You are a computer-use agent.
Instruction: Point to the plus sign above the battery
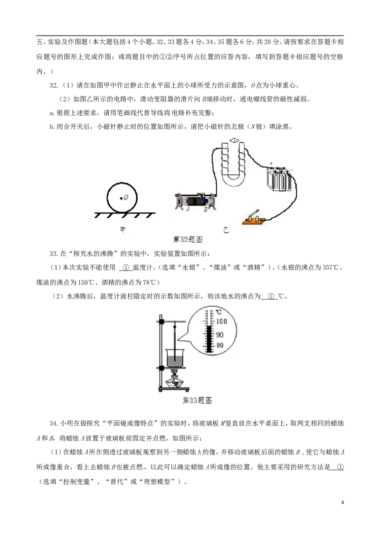click(x=272, y=164)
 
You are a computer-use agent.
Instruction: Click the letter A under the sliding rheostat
click(x=188, y=209)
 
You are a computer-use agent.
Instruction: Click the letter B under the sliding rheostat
click(x=205, y=209)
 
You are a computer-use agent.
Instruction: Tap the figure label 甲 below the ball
click(x=123, y=230)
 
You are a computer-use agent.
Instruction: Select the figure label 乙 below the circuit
click(x=226, y=230)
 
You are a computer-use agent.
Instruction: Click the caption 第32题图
click(x=188, y=240)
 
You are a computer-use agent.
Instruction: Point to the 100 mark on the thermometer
click(x=221, y=321)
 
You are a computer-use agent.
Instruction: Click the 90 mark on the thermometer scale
click(x=219, y=334)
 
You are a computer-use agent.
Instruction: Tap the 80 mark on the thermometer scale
click(x=219, y=345)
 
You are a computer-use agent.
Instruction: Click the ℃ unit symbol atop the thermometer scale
click(x=218, y=312)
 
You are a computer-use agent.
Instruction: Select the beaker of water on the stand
click(x=175, y=358)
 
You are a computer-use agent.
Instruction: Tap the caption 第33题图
click(x=197, y=400)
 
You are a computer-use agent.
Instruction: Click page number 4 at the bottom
click(x=342, y=502)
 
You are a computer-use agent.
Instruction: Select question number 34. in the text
click(x=54, y=423)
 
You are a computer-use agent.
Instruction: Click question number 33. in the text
click(x=54, y=254)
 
